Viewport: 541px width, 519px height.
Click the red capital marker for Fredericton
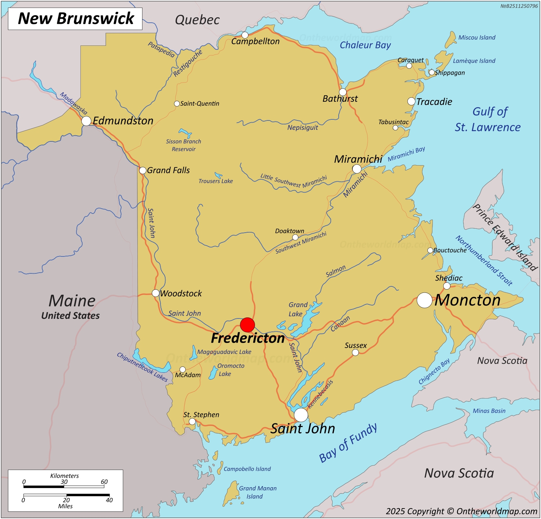click(247, 325)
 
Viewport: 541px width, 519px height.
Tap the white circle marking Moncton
click(425, 300)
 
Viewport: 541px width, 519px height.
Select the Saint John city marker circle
click(301, 415)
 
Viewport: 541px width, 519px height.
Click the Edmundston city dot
click(86, 121)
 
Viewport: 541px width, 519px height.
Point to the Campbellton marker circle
click(245, 35)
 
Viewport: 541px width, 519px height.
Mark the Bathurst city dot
click(343, 92)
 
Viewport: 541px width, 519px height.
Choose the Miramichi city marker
click(357, 169)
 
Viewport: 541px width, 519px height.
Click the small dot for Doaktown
click(295, 237)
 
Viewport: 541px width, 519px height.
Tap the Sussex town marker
click(355, 352)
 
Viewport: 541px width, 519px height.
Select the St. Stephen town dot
click(192, 422)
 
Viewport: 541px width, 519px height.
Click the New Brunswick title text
click(76, 18)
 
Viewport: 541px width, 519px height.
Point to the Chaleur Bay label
click(365, 45)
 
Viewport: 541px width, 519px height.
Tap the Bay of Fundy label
click(348, 443)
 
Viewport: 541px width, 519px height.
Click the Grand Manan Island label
click(258, 492)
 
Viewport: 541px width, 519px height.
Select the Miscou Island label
click(477, 38)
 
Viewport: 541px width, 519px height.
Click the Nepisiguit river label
click(303, 127)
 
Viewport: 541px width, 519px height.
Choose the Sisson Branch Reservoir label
click(184, 145)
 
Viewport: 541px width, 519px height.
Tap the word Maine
click(72, 300)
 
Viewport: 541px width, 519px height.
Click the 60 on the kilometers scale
click(104, 482)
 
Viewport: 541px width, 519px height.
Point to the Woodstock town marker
click(155, 293)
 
